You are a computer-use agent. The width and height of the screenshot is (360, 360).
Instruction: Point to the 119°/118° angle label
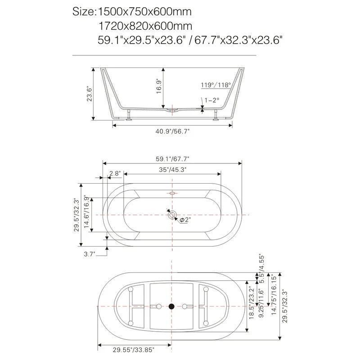(216, 85)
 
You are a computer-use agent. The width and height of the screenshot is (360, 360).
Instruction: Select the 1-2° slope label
(211, 100)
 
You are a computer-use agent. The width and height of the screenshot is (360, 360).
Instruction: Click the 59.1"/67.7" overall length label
(172, 158)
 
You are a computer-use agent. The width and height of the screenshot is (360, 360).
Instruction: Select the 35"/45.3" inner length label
(172, 169)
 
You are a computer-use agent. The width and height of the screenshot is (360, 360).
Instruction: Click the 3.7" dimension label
(90, 254)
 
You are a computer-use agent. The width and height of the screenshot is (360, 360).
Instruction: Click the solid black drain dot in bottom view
(171, 306)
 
